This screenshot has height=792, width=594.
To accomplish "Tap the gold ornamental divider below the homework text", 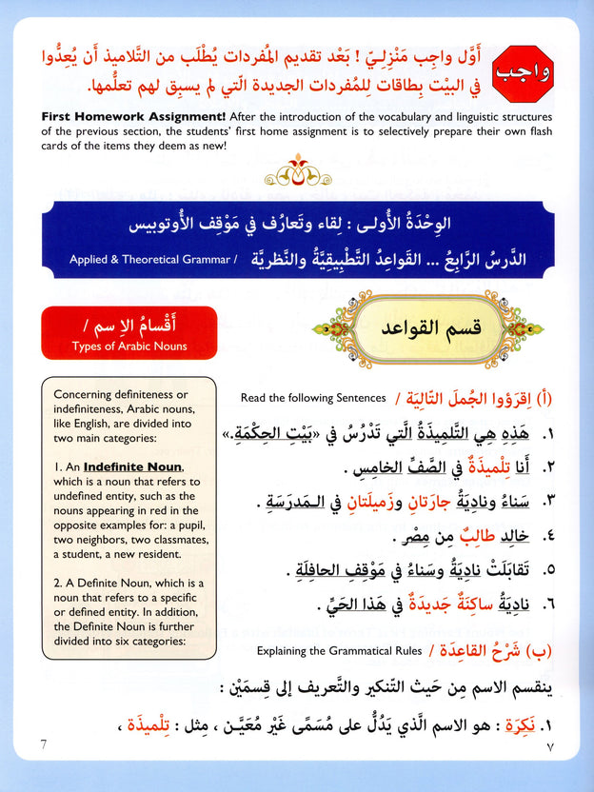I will (297, 175).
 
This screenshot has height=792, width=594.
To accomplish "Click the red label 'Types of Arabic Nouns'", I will (129, 346).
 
